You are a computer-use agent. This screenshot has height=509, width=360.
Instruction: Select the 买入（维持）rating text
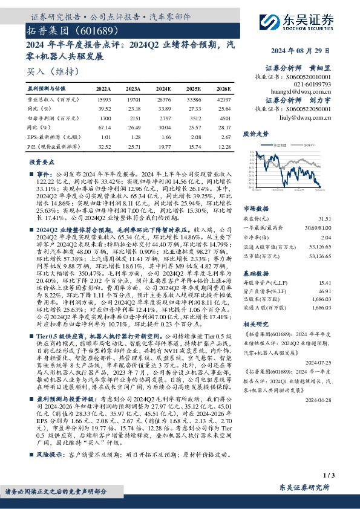48,72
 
